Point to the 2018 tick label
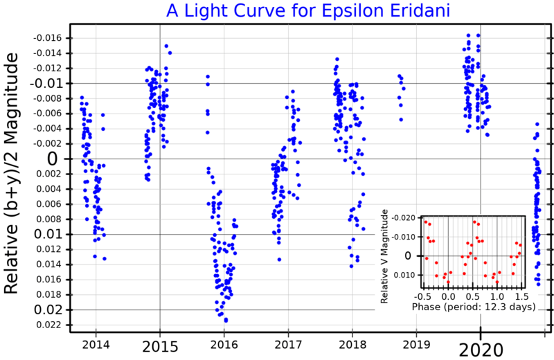tap(352, 345)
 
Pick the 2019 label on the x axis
tap(416, 345)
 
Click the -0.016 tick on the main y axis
tap(48, 38)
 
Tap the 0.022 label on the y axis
tap(49, 325)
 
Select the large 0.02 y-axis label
tap(46, 309)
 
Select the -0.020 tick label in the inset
tap(406, 217)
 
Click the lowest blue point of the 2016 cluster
tap(226, 321)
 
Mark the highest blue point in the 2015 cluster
tap(166, 46)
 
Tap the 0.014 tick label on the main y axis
tap(49, 264)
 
